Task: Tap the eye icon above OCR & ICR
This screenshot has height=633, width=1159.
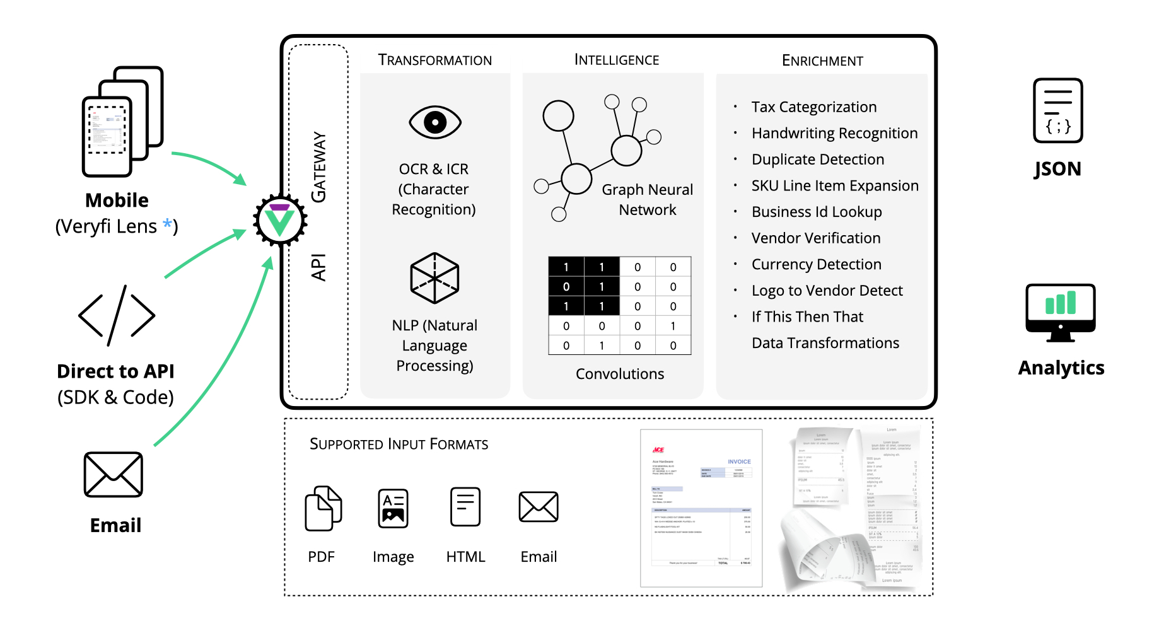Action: (x=435, y=122)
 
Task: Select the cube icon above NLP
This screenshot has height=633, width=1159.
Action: (x=434, y=278)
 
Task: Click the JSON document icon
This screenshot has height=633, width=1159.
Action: (x=1057, y=110)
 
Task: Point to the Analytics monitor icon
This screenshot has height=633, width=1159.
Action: (x=1060, y=312)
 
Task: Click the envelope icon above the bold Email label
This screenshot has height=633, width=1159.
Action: (x=114, y=474)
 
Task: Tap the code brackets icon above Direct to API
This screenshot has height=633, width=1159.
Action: (x=117, y=315)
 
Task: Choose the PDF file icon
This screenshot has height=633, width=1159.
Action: (x=323, y=508)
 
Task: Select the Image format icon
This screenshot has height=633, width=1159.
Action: (x=393, y=508)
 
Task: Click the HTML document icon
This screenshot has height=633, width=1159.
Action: (x=465, y=507)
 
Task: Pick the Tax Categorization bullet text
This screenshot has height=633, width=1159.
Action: (x=813, y=107)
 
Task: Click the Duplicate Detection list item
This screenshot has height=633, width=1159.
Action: (x=817, y=160)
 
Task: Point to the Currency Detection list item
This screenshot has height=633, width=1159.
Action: (x=816, y=264)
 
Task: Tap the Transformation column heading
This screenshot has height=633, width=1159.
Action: (x=434, y=60)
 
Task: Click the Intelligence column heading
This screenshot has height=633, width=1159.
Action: (x=617, y=60)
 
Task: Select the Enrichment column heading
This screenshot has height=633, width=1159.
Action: (x=822, y=61)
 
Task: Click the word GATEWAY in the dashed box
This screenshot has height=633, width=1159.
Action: (x=319, y=167)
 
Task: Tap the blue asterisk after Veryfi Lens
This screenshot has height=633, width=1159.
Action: (x=167, y=224)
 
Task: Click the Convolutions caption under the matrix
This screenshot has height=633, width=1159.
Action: (x=620, y=374)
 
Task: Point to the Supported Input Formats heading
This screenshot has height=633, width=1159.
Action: (x=399, y=444)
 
